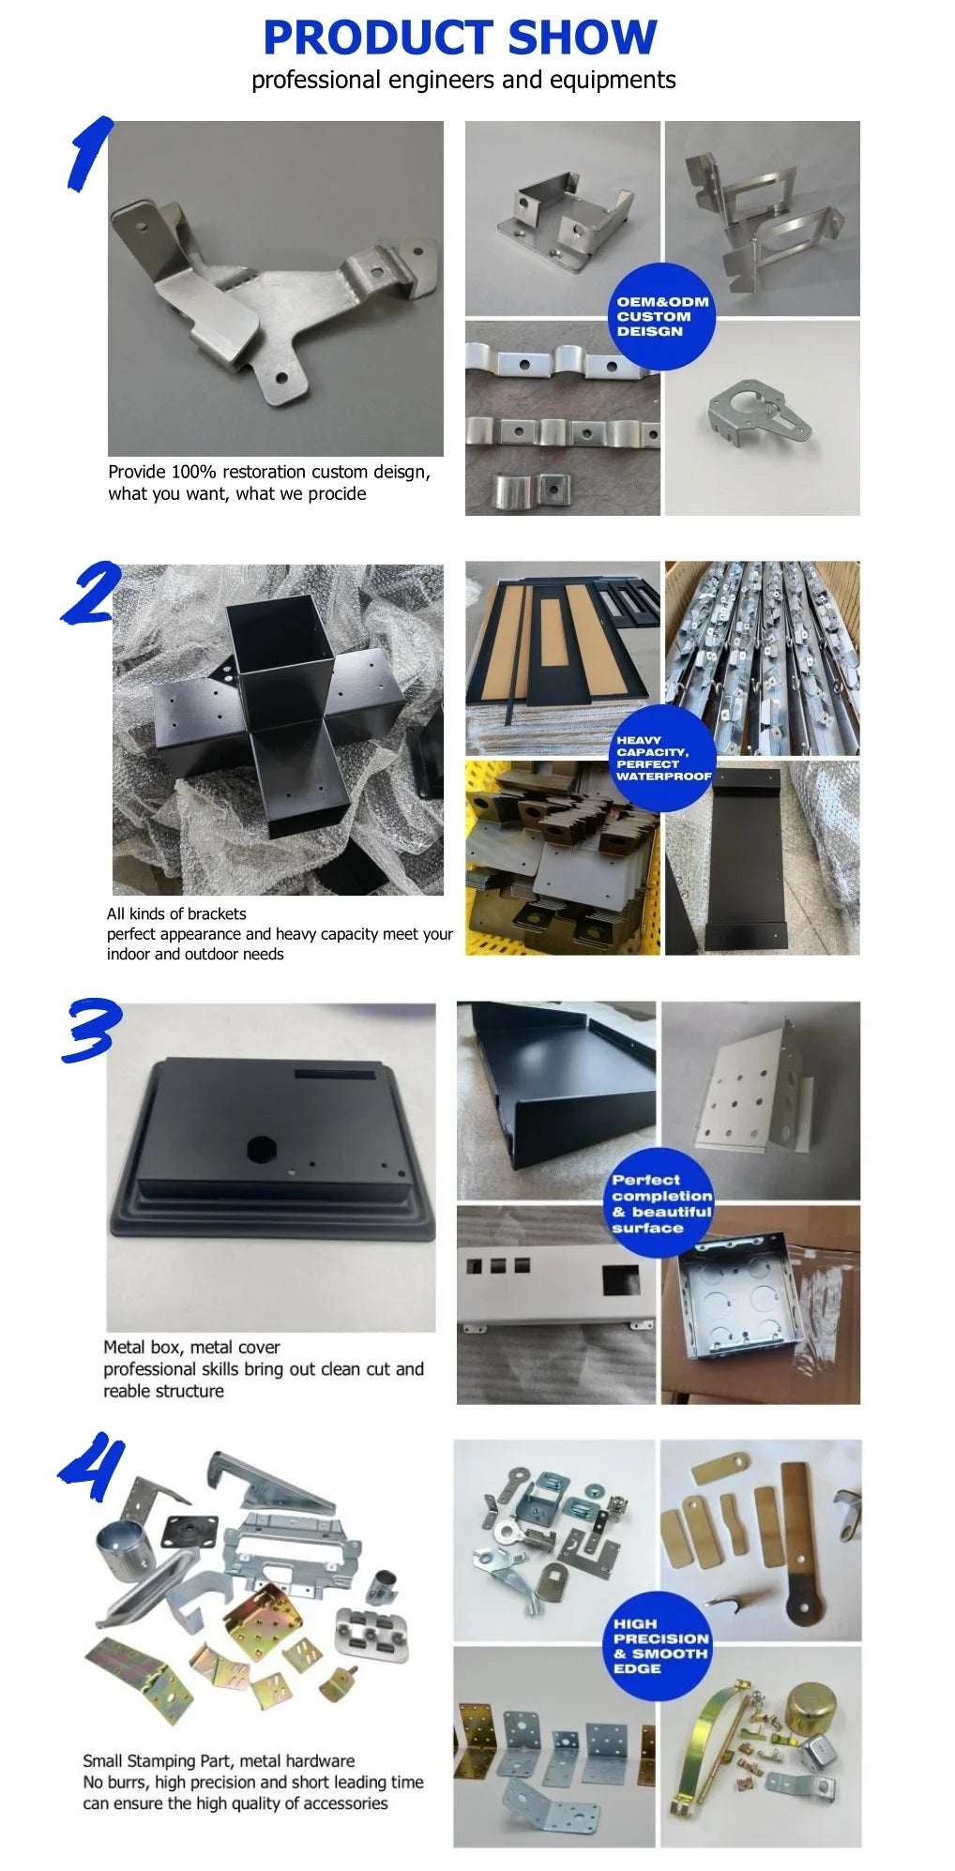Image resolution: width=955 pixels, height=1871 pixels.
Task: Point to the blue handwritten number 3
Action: tap(91, 1030)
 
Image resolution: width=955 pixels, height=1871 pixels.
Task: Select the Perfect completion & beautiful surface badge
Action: tap(659, 1202)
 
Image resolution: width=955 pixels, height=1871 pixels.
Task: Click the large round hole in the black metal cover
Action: tap(258, 1149)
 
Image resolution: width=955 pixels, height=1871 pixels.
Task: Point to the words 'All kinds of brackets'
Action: tap(176, 913)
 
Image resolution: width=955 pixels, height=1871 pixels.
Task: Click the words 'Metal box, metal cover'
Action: tap(191, 1347)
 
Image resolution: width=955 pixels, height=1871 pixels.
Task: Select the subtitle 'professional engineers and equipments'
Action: tap(463, 81)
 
